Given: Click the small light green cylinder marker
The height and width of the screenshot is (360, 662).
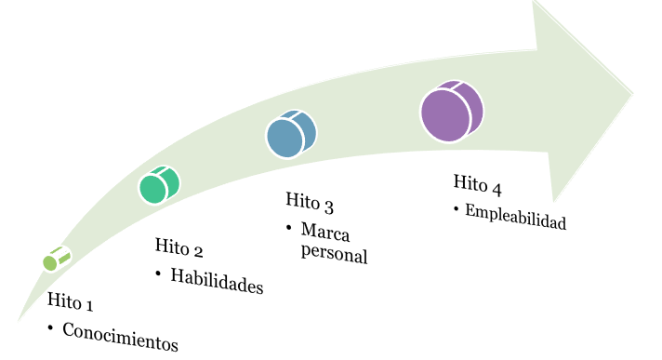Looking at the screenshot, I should coord(57,260).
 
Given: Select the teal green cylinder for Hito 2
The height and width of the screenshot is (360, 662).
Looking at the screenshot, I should coord(159,184).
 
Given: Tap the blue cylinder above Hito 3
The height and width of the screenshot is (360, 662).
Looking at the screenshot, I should coord(291,134).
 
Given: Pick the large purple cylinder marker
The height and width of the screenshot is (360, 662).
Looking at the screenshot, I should coord(451,112).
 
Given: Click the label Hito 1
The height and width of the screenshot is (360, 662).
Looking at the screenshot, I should coord(71,302).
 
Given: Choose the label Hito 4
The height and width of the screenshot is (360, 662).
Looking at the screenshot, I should coord(478,184).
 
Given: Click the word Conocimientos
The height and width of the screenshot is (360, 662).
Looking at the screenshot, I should coord(120,336).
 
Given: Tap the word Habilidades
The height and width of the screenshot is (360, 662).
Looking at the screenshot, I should coord(217,282).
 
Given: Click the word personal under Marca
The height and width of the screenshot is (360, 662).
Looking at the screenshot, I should coord(335,253).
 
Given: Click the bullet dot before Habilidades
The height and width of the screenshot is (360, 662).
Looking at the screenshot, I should coord(158,273).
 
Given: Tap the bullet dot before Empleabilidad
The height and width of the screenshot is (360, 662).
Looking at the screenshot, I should coord(457,210).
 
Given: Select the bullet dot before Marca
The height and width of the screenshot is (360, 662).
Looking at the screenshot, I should coord(290,227).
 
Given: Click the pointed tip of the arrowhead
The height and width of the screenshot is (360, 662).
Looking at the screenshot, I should coord(633,91).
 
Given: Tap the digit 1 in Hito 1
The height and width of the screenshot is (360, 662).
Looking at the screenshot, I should coord(89,305).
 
